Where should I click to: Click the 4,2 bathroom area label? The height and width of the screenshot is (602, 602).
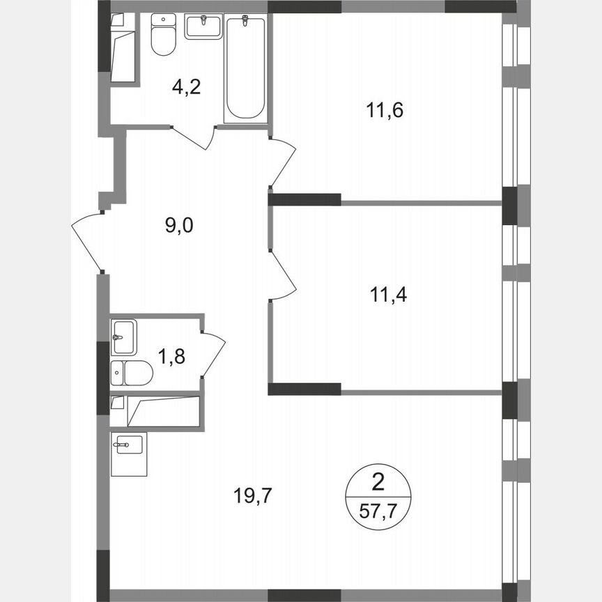(x=187, y=88)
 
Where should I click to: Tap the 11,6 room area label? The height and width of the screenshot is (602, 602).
(x=385, y=110)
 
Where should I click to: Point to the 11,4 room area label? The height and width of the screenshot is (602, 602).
(x=387, y=295)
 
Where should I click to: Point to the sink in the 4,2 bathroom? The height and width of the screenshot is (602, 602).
(x=203, y=28)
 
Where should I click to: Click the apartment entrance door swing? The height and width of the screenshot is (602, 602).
(x=87, y=240)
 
